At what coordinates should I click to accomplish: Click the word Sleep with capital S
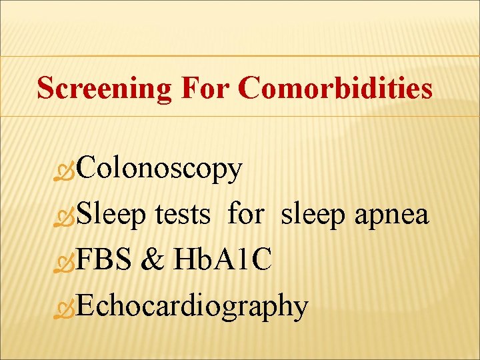113,215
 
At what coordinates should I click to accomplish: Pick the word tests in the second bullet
183,215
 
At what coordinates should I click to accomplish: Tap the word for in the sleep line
246,215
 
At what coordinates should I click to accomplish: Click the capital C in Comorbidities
249,88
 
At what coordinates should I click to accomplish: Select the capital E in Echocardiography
86,306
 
